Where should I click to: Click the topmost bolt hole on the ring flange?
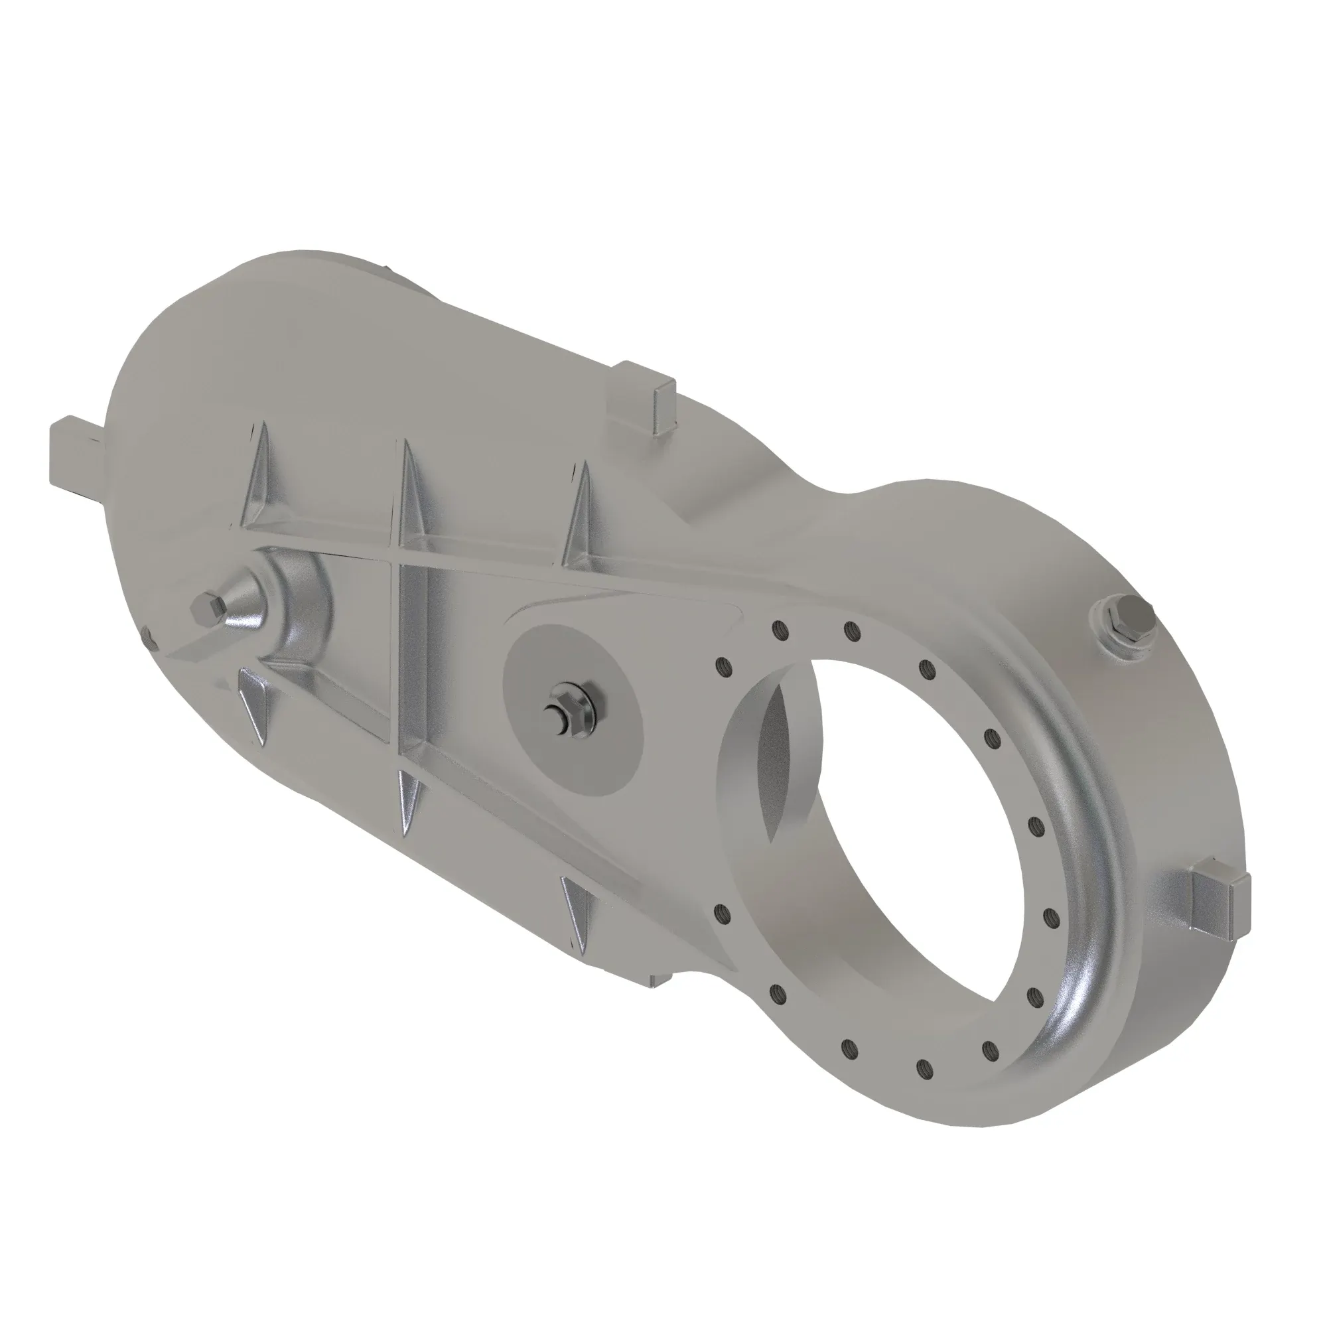pos(851,629)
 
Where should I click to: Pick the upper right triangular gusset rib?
pos(579,512)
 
